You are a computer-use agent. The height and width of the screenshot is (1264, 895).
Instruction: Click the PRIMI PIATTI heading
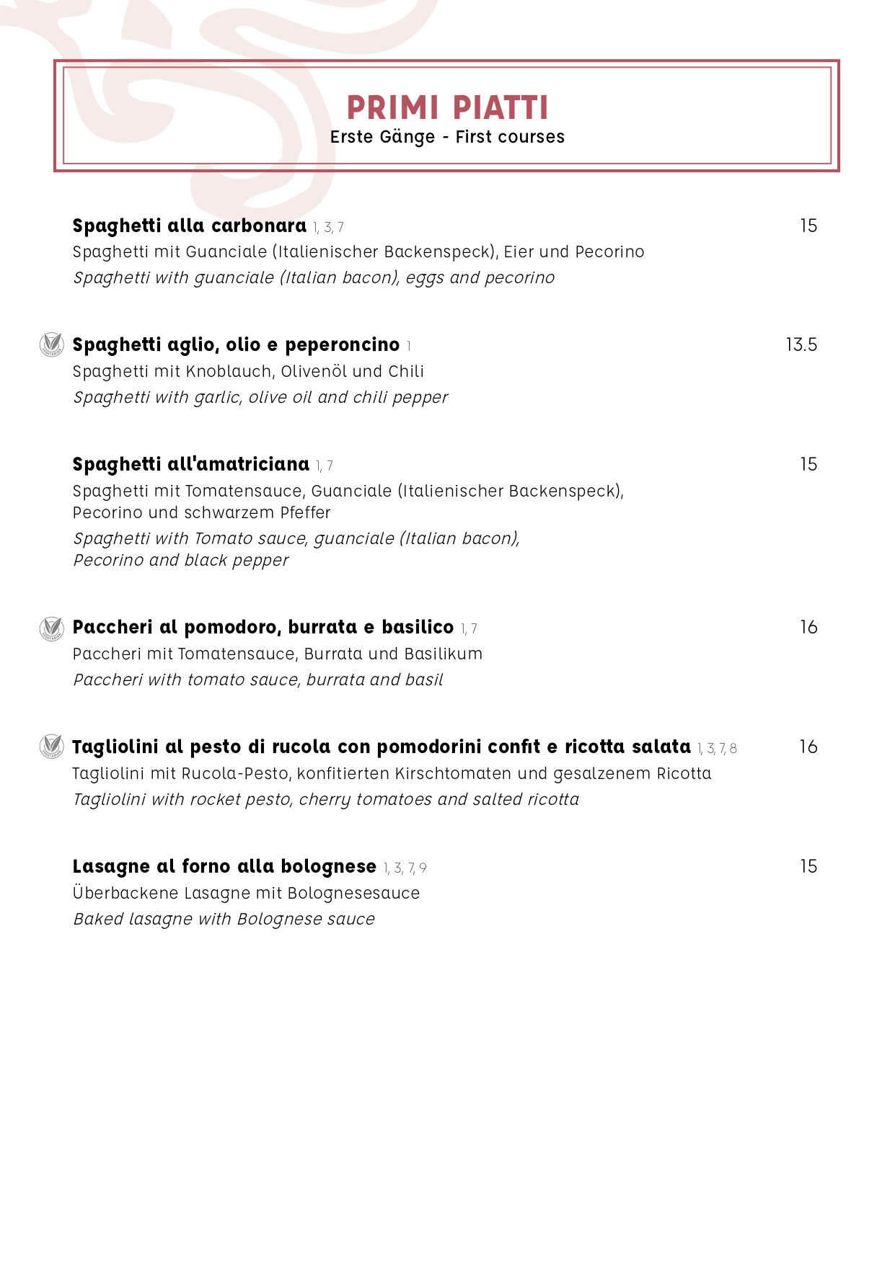tap(447, 108)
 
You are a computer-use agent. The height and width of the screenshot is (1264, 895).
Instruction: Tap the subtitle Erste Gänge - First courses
tap(447, 137)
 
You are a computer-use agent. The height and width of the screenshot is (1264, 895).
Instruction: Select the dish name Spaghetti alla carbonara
tap(189, 226)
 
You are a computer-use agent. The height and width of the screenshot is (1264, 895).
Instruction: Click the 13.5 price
tap(801, 345)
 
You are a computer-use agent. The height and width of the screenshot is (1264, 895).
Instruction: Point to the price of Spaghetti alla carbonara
tap(808, 226)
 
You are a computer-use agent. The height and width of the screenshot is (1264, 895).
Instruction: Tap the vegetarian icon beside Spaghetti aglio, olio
tap(51, 344)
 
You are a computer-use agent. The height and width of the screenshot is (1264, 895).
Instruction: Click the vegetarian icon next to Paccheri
tap(51, 628)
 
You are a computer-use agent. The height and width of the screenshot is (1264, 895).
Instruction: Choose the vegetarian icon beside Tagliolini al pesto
tap(51, 747)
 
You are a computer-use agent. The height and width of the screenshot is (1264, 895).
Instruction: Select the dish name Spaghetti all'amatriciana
tap(190, 465)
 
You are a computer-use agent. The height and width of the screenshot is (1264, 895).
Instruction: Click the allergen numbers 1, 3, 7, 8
tap(717, 749)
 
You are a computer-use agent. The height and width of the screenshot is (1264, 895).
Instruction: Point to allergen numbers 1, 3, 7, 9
tap(405, 868)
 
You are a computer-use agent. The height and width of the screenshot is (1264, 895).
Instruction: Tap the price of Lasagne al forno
tap(808, 867)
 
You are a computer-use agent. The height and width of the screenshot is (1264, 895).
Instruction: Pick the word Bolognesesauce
tap(353, 894)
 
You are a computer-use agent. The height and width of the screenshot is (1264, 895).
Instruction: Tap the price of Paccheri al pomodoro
tap(808, 628)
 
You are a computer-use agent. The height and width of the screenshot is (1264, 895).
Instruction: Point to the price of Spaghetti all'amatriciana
tap(808, 465)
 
